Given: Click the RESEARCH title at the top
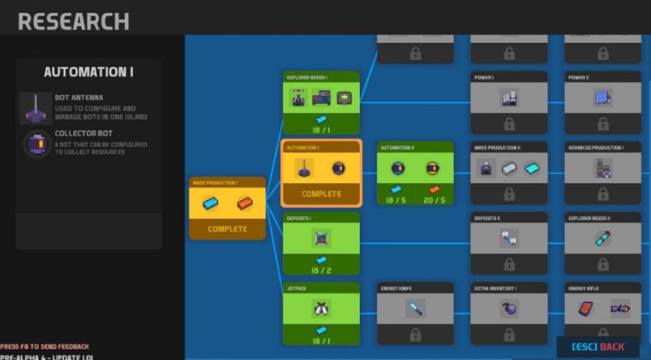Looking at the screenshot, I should (x=73, y=21).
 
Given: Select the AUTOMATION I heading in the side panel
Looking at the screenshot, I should (x=89, y=73).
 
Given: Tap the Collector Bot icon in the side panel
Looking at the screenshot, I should (x=35, y=142).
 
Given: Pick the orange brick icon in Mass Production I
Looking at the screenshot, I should (x=245, y=204).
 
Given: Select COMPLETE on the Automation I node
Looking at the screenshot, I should (x=321, y=194).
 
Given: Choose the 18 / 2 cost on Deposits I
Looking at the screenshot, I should (x=321, y=269).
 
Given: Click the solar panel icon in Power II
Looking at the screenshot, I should (x=603, y=97).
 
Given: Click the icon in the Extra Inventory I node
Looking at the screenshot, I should (x=509, y=308).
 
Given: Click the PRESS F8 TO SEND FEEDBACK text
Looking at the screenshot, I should (x=44, y=346).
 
